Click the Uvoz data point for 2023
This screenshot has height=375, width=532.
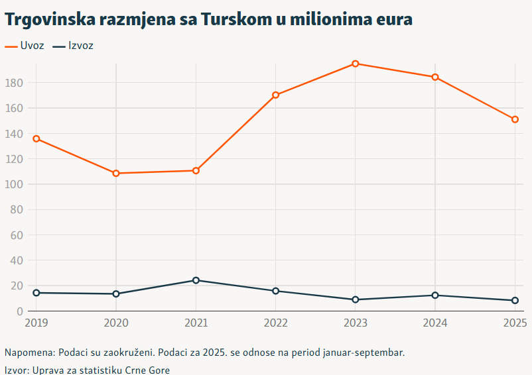[x=356, y=64]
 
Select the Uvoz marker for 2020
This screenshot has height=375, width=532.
[x=116, y=174]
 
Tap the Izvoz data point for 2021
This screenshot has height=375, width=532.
[x=196, y=280]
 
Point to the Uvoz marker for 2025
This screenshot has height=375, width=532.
[x=515, y=119]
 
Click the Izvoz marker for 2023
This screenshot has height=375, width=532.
[x=356, y=299]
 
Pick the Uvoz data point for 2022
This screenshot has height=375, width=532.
[x=276, y=95]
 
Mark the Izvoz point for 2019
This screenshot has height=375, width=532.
[x=36, y=292]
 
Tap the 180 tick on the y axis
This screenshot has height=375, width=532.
[x=14, y=83]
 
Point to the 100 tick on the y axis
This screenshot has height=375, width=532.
[x=14, y=184]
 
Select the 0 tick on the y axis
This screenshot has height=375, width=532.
[x=20, y=311]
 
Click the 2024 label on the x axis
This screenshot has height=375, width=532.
[x=435, y=323]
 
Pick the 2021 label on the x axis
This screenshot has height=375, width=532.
[x=196, y=323]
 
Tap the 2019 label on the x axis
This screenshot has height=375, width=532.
[x=36, y=323]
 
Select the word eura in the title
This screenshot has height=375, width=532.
[x=392, y=20]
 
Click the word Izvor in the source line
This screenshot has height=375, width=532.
[x=16, y=370]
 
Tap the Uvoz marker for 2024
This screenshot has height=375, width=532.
[x=435, y=77]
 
